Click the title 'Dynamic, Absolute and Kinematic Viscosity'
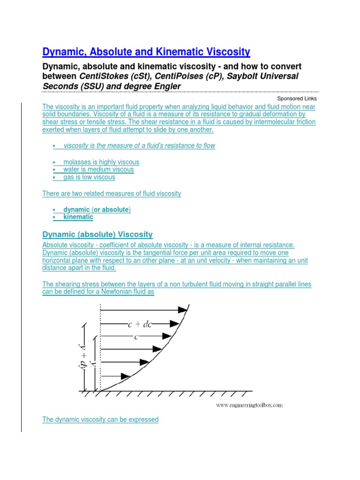coord(146,51)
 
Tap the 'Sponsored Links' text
coord(297,98)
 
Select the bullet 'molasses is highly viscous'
coord(101,162)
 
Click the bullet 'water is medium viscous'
coord(98,169)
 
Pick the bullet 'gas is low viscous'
coord(89,177)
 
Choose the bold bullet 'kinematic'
coord(78,217)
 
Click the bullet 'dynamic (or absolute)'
coord(97,210)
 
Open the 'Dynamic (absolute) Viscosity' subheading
coord(97,234)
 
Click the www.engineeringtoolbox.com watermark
coord(249,405)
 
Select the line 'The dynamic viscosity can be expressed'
coord(100,420)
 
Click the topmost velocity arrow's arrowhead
coord(182,310)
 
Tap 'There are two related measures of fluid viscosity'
coord(112,193)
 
